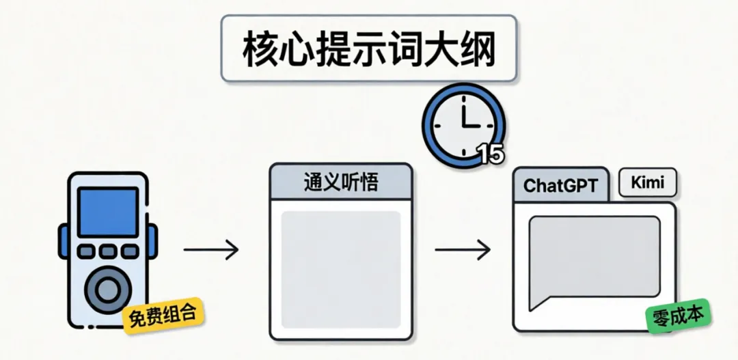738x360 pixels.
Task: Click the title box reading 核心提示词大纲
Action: pyautogui.click(x=368, y=50)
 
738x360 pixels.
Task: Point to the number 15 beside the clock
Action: pyautogui.click(x=490, y=154)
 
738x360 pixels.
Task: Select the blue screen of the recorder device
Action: pyautogui.click(x=108, y=212)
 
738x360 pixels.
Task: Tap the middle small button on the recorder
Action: pyautogui.click(x=108, y=251)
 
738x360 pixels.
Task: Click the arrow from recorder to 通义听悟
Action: pyautogui.click(x=211, y=249)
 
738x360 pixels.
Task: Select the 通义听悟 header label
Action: pyautogui.click(x=341, y=182)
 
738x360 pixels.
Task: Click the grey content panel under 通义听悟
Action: pyautogui.click(x=341, y=269)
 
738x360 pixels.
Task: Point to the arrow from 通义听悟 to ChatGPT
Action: pyautogui.click(x=463, y=249)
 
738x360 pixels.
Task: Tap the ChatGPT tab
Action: pyautogui.click(x=560, y=185)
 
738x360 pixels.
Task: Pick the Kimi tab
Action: pyautogui.click(x=647, y=182)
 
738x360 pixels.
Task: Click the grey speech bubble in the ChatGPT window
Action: pyautogui.click(x=594, y=256)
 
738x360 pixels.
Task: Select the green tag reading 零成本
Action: pyautogui.click(x=678, y=316)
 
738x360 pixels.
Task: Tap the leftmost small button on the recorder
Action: pyautogui.click(x=87, y=251)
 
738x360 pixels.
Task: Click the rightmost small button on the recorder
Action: pyautogui.click(x=129, y=251)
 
